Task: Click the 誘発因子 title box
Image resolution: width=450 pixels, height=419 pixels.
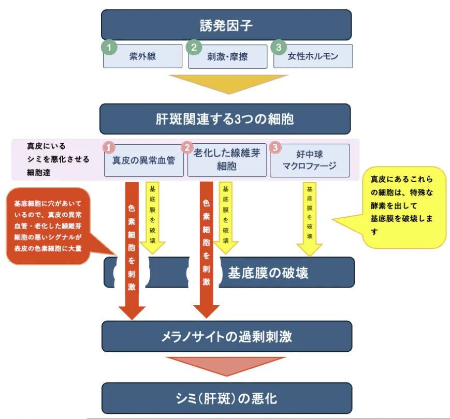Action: (x=226, y=24)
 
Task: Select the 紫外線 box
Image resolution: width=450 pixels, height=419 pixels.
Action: (x=142, y=56)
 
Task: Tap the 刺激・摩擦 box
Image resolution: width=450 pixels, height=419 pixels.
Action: (x=228, y=56)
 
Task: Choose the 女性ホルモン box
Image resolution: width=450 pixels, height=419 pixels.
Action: (x=313, y=56)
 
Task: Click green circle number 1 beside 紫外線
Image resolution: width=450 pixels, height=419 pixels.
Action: (x=108, y=47)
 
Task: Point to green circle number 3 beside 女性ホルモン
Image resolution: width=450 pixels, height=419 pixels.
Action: (x=278, y=47)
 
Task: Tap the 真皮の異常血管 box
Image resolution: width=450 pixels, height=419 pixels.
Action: (x=143, y=160)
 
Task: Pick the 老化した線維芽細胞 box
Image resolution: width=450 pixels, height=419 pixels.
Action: (x=227, y=160)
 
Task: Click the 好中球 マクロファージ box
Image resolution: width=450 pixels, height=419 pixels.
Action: (x=310, y=160)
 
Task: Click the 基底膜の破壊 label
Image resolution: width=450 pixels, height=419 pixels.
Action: (x=268, y=273)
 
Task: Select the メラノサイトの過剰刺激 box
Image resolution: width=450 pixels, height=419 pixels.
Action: (x=226, y=337)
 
